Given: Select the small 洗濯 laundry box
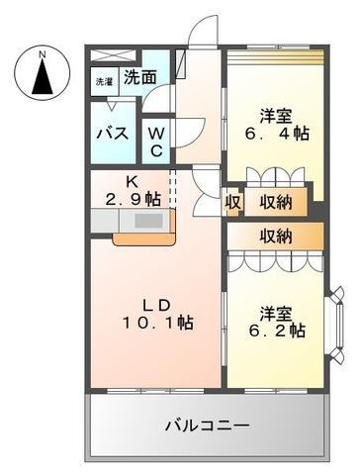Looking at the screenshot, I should (104, 83).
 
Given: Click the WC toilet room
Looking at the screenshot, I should (156, 140).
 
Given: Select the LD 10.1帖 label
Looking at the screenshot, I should (157, 312).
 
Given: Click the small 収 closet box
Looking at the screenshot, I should (232, 202).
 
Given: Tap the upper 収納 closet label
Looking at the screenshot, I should (275, 202).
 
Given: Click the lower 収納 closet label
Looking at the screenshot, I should (275, 236).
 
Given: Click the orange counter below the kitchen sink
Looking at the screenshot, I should (142, 238).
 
